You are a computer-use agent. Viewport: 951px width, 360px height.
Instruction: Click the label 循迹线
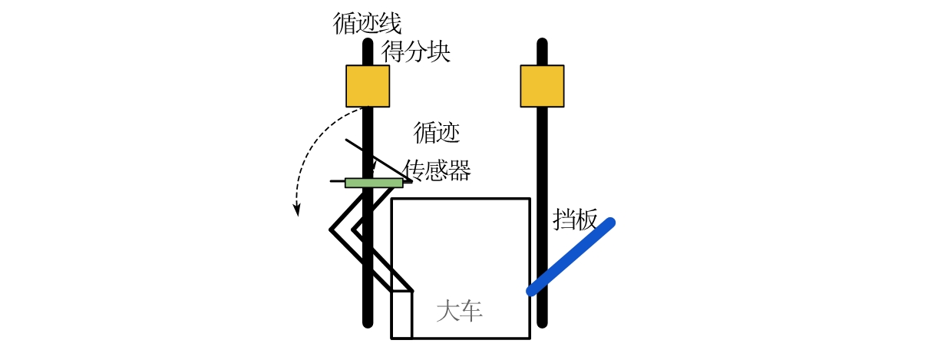coord(367,23)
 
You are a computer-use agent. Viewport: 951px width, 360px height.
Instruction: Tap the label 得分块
coord(416,51)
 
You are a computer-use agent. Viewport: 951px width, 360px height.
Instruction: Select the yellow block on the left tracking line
coord(368,86)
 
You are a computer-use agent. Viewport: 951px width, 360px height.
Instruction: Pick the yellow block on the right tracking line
coord(542,86)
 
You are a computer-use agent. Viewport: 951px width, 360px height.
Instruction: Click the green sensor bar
coord(374,183)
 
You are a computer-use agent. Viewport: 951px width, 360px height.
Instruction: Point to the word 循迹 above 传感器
coord(437,133)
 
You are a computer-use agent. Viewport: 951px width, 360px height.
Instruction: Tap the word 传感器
coord(438,170)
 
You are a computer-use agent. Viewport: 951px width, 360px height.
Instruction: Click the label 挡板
coord(576,220)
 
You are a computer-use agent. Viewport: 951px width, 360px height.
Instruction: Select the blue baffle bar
coord(570,257)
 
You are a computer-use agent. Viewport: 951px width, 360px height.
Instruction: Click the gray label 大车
coord(459,311)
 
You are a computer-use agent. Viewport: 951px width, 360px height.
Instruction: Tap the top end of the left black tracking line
coord(368,43)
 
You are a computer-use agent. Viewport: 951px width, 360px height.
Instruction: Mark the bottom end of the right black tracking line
coord(542,323)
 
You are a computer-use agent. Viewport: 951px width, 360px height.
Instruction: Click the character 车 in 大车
coord(471,311)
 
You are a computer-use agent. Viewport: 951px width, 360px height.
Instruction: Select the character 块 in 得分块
coord(438,51)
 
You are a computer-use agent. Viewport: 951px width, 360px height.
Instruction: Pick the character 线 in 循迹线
coord(390,23)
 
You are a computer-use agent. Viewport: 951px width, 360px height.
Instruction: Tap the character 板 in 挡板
coord(586,220)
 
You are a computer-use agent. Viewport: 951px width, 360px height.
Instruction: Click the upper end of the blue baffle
coord(609,223)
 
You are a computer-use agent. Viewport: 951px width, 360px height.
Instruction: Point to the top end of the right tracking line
coord(542,43)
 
